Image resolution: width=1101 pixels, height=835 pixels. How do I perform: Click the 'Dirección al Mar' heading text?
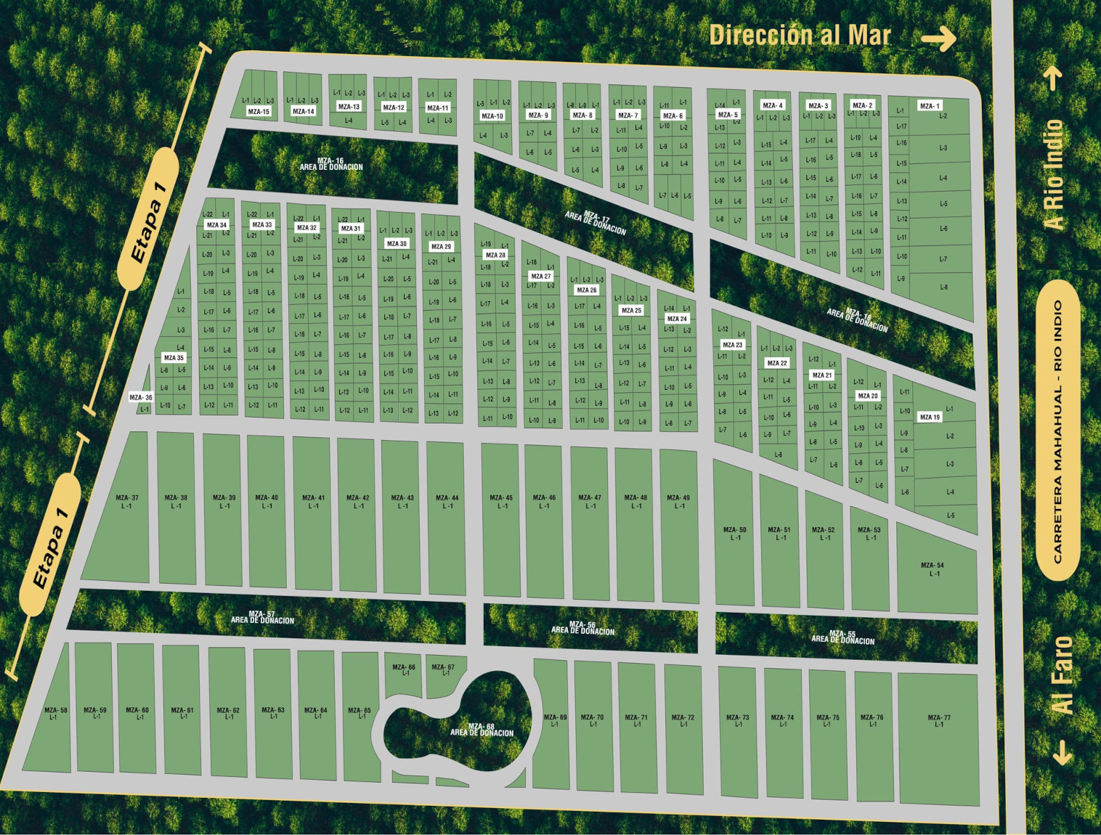(800, 35)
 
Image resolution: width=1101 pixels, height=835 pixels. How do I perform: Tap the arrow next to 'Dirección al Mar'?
(939, 38)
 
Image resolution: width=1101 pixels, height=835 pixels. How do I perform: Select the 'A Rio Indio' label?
(1054, 175)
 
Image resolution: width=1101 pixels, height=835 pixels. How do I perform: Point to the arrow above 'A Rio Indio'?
(1054, 78)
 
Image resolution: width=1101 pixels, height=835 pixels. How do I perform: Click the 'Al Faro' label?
(1062, 675)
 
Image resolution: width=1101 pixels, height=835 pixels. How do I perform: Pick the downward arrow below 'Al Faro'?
(1063, 753)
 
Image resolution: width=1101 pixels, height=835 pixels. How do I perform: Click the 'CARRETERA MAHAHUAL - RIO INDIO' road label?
(1058, 431)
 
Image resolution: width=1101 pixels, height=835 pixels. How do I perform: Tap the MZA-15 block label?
(259, 112)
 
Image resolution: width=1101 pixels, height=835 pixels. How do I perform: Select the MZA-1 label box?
(930, 106)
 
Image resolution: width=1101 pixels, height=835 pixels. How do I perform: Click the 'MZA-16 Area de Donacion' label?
(331, 164)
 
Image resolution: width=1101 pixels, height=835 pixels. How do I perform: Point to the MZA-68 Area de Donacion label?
(482, 730)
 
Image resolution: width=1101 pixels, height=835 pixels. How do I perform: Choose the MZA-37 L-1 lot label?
(127, 502)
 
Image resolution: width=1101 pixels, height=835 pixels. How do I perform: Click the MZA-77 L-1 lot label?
(939, 720)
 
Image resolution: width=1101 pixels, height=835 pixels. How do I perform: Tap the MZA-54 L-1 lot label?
(933, 569)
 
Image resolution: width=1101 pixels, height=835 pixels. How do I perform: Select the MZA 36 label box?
(141, 397)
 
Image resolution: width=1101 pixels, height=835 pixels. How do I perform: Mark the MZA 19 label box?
(930, 417)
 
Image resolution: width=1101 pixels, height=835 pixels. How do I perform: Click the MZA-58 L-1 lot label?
(55, 714)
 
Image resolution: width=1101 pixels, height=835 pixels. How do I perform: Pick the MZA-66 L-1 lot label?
(404, 669)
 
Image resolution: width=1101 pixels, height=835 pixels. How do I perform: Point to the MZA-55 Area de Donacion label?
(842, 638)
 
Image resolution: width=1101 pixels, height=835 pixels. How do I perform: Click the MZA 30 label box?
(397, 244)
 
